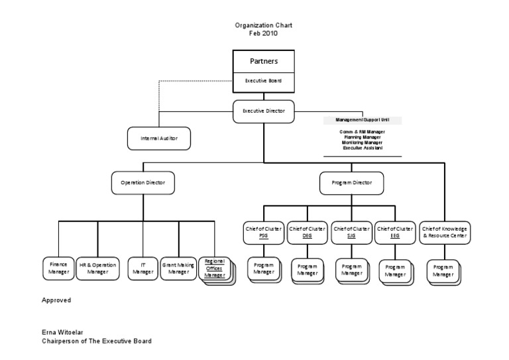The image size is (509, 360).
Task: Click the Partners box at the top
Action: click(x=263, y=61)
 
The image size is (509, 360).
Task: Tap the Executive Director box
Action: click(x=263, y=111)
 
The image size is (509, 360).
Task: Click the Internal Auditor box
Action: click(x=159, y=139)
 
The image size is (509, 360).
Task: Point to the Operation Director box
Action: click(x=142, y=182)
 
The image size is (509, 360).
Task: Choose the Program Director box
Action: click(x=352, y=182)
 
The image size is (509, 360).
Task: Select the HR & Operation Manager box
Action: click(x=97, y=268)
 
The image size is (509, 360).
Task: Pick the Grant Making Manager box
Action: click(x=178, y=268)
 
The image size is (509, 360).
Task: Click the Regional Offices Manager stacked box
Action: click(x=214, y=268)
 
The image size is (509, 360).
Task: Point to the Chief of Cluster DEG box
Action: click(x=307, y=231)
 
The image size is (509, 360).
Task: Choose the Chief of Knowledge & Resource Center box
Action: click(x=445, y=231)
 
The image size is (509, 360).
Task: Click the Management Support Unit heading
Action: click(x=362, y=121)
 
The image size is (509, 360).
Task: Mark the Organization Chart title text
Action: click(x=263, y=25)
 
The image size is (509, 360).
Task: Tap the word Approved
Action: click(x=56, y=300)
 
